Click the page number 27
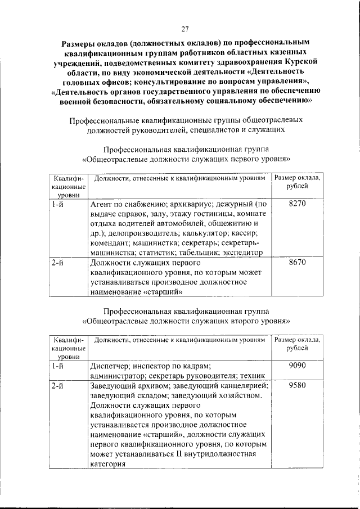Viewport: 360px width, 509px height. click(x=184, y=30)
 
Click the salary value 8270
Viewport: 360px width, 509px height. click(x=296, y=204)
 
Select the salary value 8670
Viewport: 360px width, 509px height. click(x=296, y=262)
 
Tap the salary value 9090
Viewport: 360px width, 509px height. click(x=296, y=366)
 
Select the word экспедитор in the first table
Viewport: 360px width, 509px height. click(x=242, y=253)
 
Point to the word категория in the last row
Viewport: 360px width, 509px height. click(x=107, y=465)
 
